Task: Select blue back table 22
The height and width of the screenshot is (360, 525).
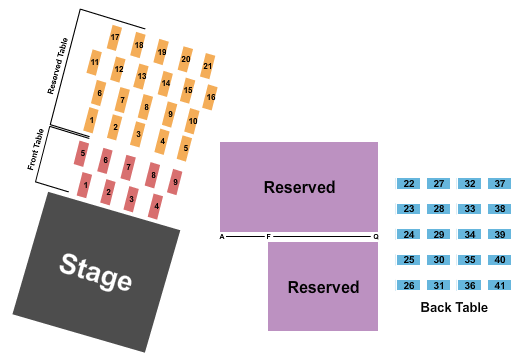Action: pyautogui.click(x=409, y=184)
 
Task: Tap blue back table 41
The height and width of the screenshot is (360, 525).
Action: pyautogui.click(x=499, y=286)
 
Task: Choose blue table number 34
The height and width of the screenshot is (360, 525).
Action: pyautogui.click(x=469, y=235)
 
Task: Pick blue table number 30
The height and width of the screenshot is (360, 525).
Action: pyautogui.click(x=439, y=260)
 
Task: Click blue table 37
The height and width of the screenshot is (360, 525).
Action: pyautogui.click(x=499, y=184)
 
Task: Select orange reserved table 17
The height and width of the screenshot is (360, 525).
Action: pyautogui.click(x=115, y=38)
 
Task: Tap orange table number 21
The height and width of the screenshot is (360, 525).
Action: pyautogui.click(x=208, y=66)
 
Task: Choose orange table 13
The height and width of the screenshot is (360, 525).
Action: pyautogui.click(x=142, y=76)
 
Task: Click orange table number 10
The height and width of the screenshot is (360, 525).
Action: pyautogui.click(x=193, y=122)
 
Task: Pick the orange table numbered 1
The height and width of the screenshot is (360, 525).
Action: pyautogui.click(x=91, y=121)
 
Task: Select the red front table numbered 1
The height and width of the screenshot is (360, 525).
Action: pyautogui.click(x=86, y=185)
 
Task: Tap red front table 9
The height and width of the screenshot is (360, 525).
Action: pyautogui.click(x=175, y=182)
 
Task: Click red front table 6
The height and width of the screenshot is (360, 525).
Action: pyautogui.click(x=105, y=160)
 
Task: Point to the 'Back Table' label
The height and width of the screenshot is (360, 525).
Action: pyautogui.click(x=454, y=308)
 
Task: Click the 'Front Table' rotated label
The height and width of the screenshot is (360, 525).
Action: pyautogui.click(x=35, y=150)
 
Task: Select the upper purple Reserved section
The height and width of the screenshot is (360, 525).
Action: pyautogui.click(x=299, y=187)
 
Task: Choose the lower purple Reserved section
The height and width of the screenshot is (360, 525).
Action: pyautogui.click(x=323, y=287)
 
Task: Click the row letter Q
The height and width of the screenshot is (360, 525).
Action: pyautogui.click(x=376, y=237)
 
